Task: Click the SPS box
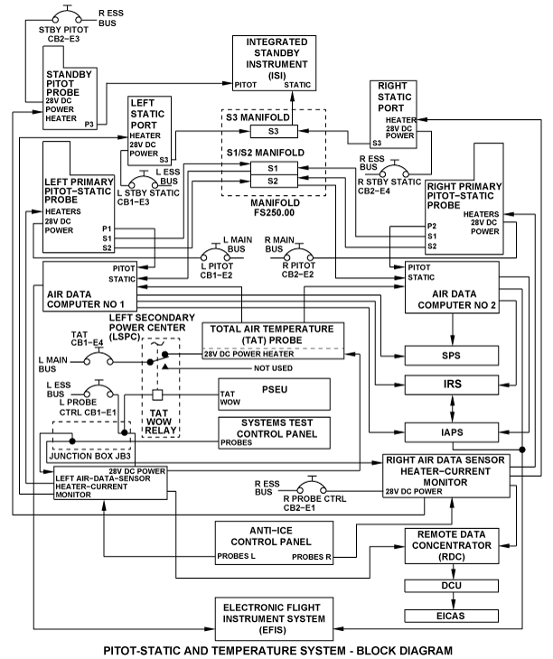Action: pos(452,356)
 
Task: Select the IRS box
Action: pos(452,385)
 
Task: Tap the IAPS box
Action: pos(452,432)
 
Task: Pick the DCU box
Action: pos(452,586)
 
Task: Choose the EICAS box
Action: pos(452,617)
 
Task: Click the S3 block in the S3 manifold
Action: pos(274,131)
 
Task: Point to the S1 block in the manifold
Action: pos(274,168)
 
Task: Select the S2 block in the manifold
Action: pos(274,181)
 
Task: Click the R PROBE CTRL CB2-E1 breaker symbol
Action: pos(312,485)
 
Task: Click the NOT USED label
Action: pos(273,368)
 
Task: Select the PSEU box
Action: pos(274,394)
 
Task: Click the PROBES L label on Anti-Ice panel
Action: pos(236,556)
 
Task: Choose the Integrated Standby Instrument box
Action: pos(274,63)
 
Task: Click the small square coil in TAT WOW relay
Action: pos(157,395)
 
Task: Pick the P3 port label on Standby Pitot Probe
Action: pos(89,124)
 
